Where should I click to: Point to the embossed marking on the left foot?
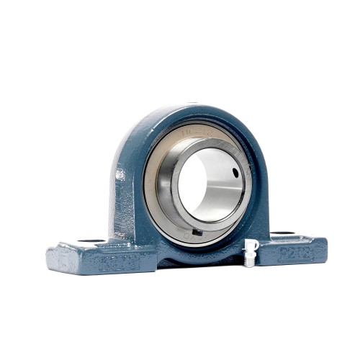(x=119, y=263)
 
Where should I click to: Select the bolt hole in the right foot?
(x=282, y=233)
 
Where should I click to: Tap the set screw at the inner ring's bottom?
(x=195, y=232)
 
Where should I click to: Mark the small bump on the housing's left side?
(x=120, y=175)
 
